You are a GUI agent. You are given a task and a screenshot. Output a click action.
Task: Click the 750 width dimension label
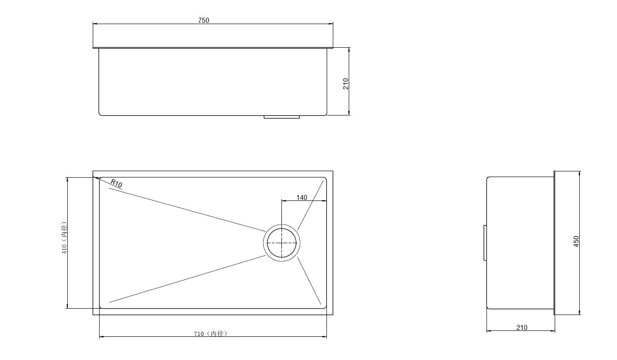[x=203, y=20]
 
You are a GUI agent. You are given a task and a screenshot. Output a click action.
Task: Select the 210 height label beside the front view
[x=346, y=83]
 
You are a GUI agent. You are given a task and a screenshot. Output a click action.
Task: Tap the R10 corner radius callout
[x=116, y=184]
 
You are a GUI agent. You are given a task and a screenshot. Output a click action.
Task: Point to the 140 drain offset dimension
[x=301, y=197]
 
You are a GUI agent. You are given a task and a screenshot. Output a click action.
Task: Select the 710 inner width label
[x=210, y=334]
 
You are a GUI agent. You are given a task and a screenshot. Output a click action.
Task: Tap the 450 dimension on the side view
[x=576, y=242]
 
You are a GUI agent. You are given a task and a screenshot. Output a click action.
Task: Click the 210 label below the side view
[x=522, y=327]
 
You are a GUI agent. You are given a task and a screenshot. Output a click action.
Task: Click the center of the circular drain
[x=281, y=242]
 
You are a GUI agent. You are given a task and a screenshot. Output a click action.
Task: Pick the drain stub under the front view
[x=281, y=117]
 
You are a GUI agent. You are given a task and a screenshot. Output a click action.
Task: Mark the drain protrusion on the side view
[x=485, y=242]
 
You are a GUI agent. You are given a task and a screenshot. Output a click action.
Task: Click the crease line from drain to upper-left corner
[x=186, y=209]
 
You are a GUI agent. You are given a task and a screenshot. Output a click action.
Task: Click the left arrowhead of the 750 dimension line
[x=95, y=24]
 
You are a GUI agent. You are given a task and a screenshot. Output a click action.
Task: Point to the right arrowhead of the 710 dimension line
[x=325, y=337]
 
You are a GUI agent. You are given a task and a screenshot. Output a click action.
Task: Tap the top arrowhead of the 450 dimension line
[x=580, y=173]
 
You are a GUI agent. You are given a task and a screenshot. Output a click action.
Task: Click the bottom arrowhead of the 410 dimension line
[x=67, y=306]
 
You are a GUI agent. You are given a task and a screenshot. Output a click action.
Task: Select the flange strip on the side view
[x=554, y=242]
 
